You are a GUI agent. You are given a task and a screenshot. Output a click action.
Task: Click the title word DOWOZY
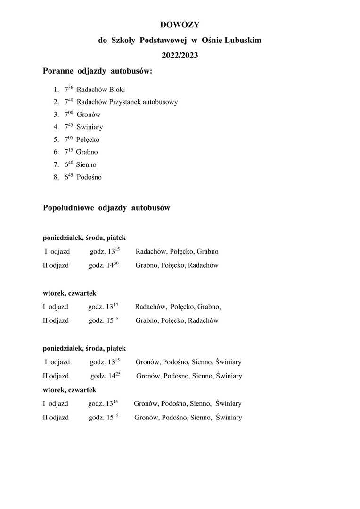coord(180,25)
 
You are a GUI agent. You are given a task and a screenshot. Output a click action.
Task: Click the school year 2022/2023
coord(180,55)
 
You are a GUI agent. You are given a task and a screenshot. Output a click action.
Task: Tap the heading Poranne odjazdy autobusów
coord(98,71)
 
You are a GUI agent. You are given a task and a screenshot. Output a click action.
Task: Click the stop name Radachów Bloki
coord(101,89)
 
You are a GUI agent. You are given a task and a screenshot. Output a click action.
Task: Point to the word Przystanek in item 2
coord(124,102)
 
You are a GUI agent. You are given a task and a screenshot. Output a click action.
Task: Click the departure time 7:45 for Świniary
coord(69,126)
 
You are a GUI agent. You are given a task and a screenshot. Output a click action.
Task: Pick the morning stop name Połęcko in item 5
coord(88,140)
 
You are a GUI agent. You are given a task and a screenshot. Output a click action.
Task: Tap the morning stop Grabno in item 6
coord(87,152)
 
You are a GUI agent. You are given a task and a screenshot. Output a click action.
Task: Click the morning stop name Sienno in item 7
coord(86,165)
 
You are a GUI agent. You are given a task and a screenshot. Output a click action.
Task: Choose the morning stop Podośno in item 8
coord(89,178)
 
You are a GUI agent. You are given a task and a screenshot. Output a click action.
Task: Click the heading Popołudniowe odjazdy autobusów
coord(106,208)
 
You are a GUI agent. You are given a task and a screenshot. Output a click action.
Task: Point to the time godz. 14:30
coord(104,265)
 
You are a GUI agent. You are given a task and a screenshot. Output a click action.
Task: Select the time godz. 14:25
coord(106,376)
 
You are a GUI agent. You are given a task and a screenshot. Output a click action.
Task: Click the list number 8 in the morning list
coord(56,178)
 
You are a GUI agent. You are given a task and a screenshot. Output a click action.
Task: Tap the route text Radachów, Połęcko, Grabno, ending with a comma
coord(178,307)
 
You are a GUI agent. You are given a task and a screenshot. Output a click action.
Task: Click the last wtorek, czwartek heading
coord(69,390)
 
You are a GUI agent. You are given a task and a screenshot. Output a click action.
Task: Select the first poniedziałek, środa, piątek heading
coord(84,238)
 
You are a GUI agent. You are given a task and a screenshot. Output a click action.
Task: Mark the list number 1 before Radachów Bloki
coord(56,89)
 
